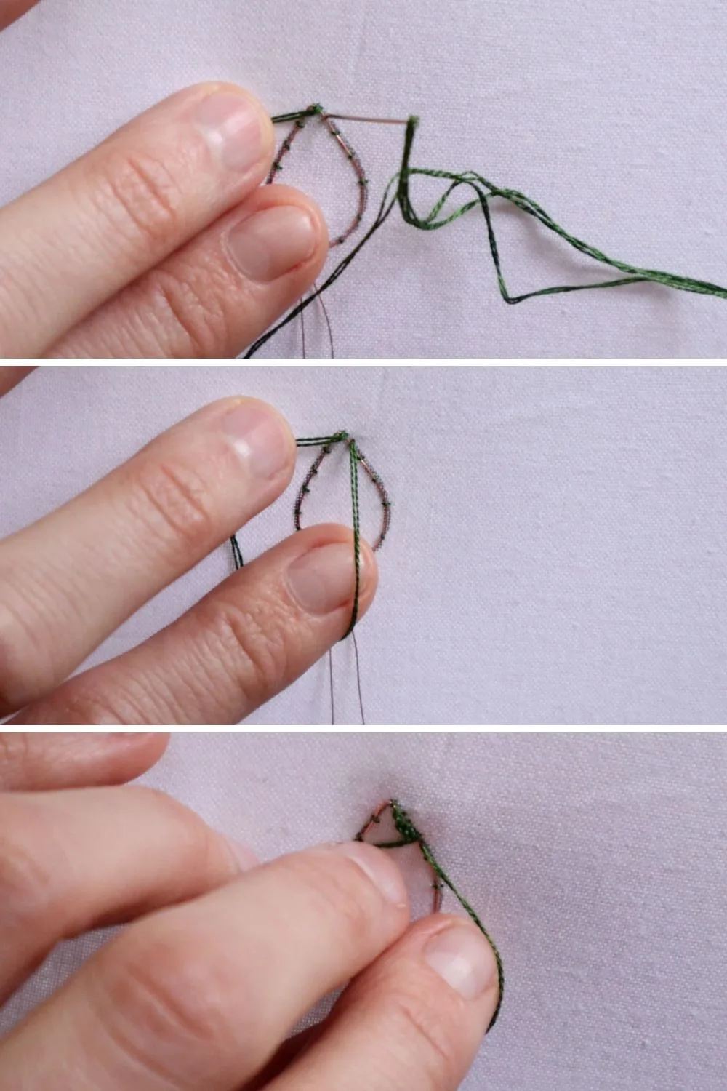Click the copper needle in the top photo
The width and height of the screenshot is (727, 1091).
tap(363, 118)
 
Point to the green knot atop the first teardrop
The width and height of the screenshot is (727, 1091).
tap(314, 110)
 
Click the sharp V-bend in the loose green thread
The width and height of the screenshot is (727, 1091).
tap(508, 299)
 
